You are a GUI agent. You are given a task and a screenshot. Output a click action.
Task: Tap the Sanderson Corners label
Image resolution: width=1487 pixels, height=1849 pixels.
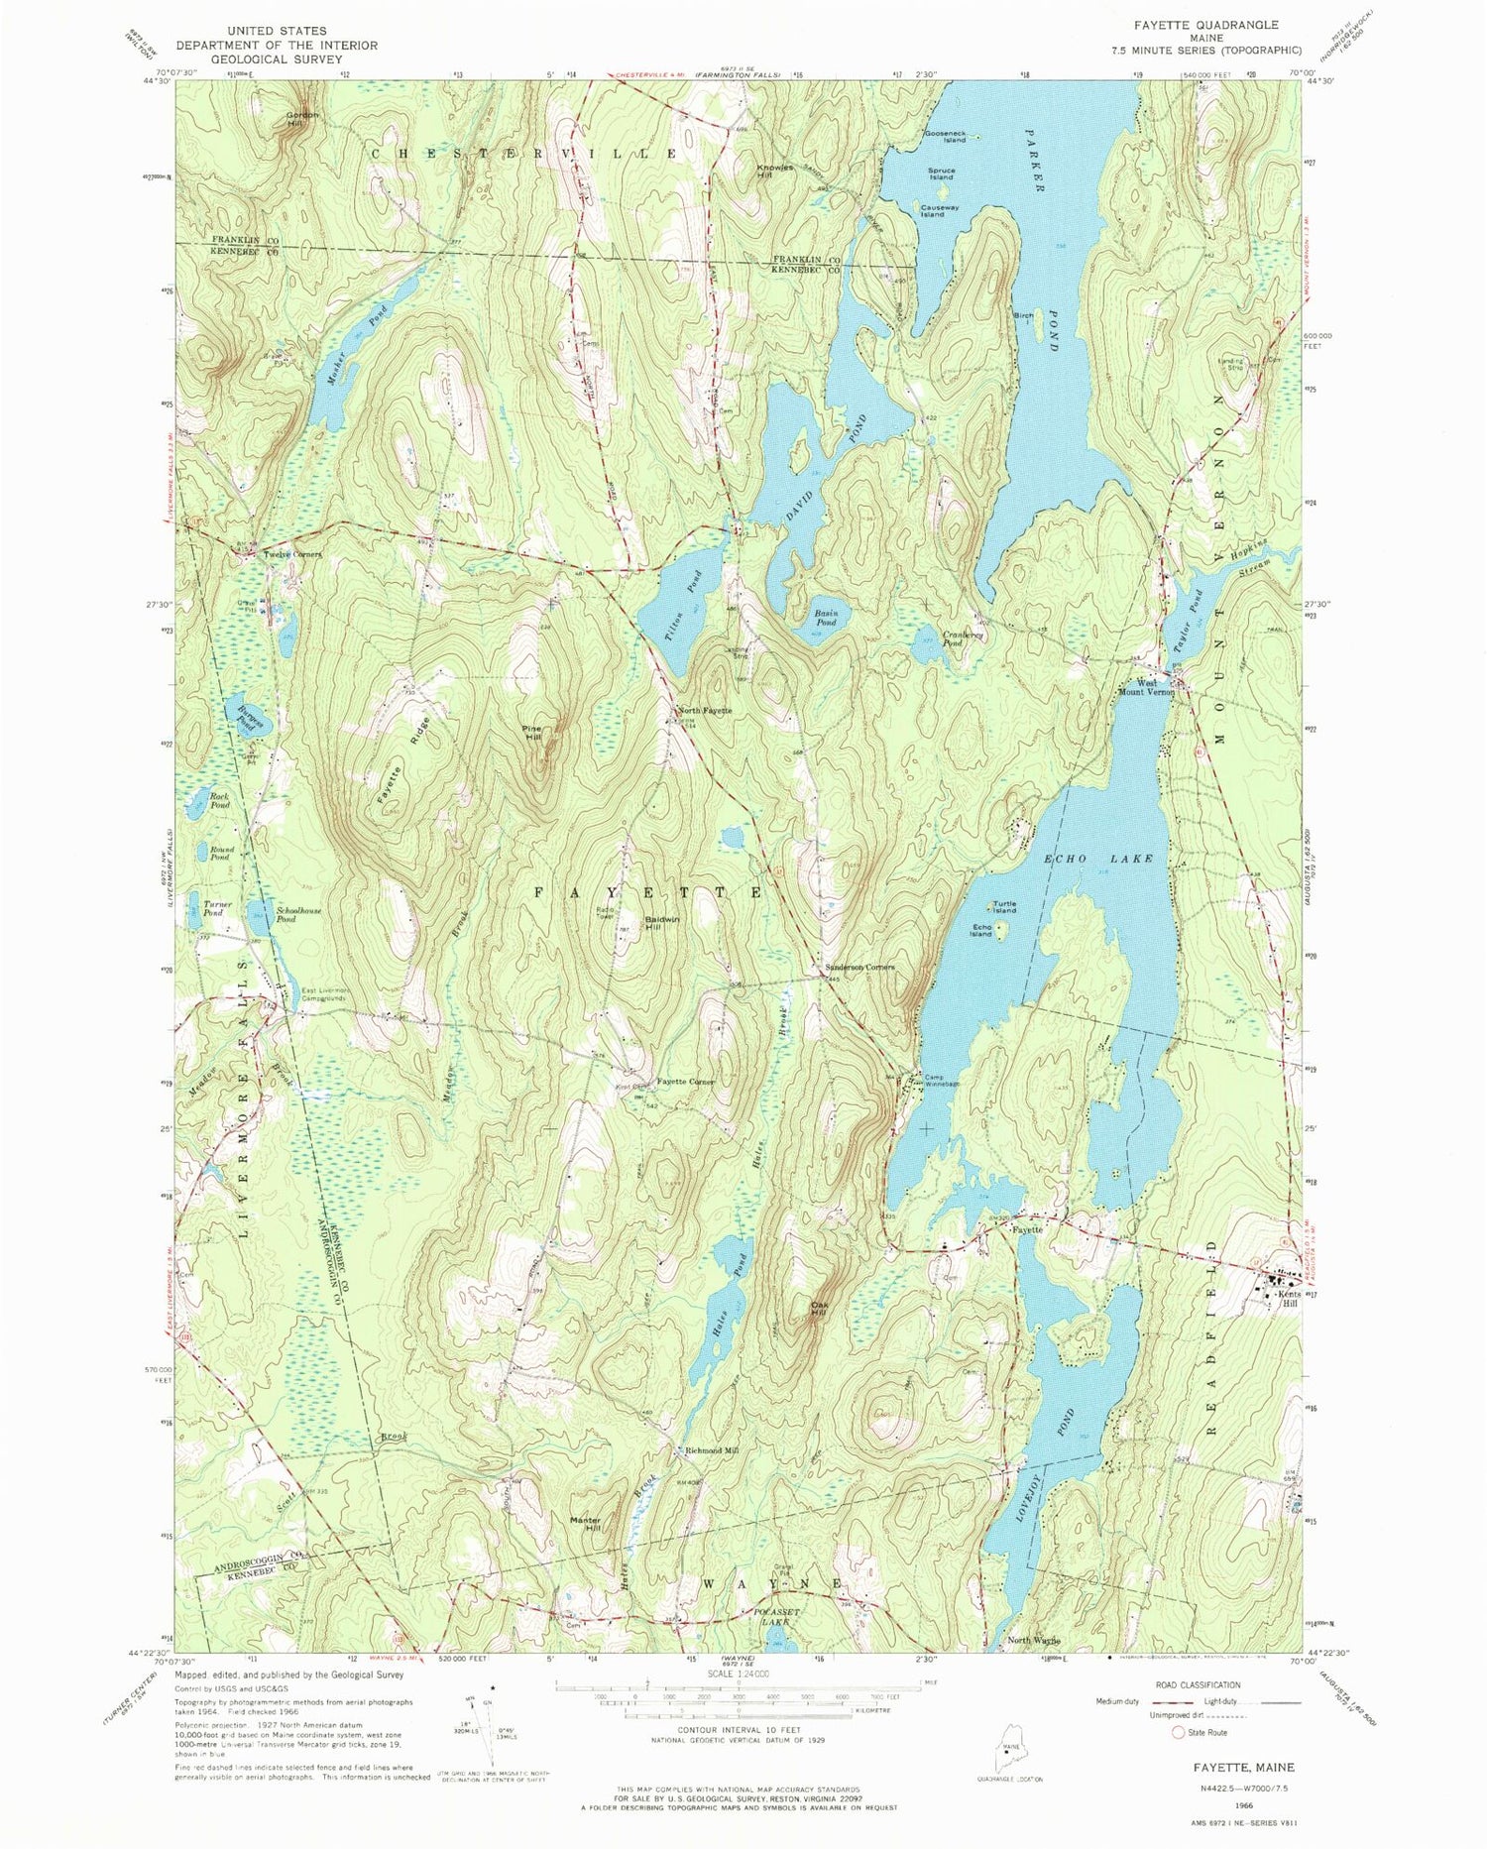point(860,967)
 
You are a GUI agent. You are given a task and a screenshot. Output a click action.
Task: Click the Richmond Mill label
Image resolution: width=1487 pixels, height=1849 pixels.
point(712,1450)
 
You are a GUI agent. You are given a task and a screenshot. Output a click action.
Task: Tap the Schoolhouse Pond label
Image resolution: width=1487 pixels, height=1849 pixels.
point(298,913)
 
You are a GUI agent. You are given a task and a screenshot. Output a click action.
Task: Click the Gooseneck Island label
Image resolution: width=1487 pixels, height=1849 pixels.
point(945,136)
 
